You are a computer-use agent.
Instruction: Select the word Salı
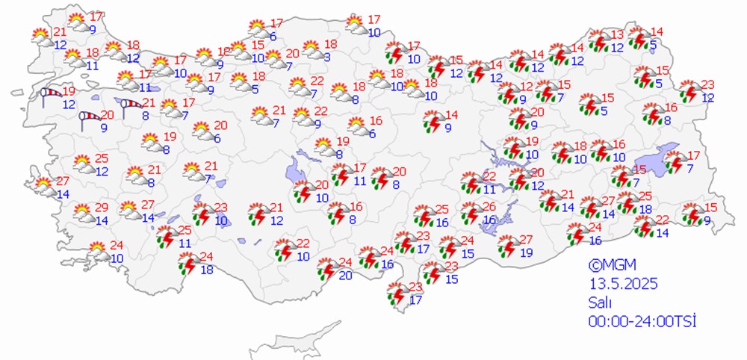598,302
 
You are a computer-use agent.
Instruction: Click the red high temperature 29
102,207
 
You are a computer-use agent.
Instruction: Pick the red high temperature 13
617,35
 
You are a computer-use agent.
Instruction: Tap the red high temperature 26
489,207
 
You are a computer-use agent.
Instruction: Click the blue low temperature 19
526,253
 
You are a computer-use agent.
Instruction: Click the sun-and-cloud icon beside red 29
84,214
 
